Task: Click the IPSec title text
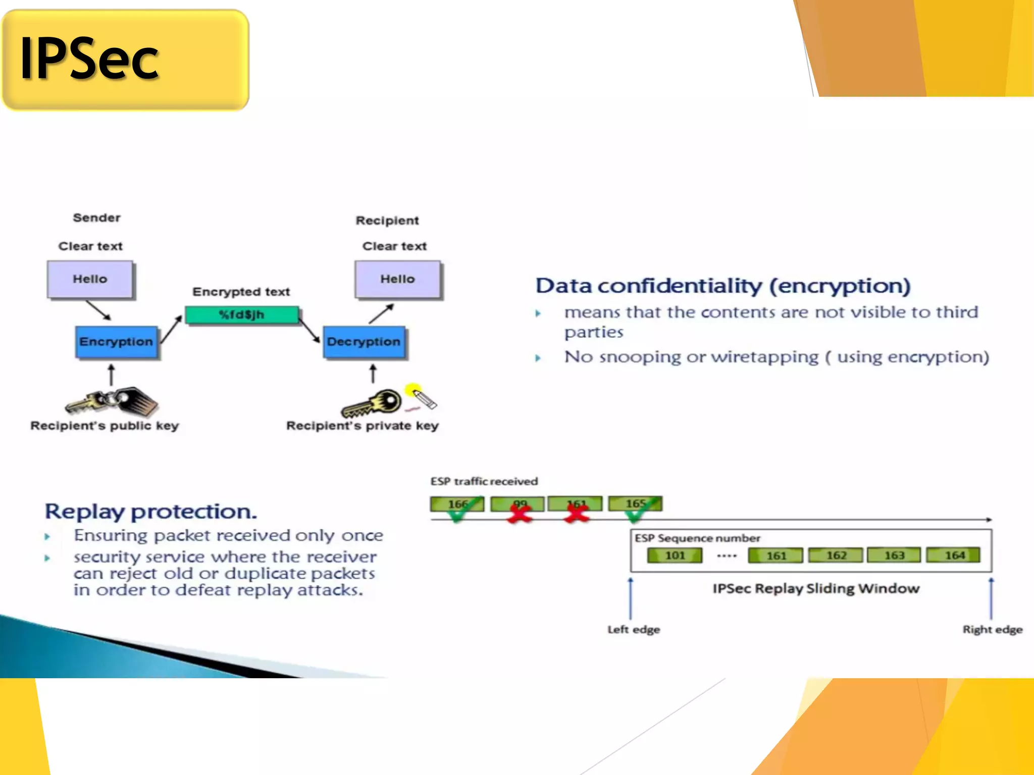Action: (x=89, y=60)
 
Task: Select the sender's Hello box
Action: (x=90, y=279)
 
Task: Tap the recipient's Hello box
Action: (x=397, y=279)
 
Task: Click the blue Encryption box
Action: (x=116, y=342)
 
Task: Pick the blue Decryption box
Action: (x=364, y=342)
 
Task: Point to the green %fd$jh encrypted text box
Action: (x=241, y=315)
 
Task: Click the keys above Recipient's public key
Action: (x=112, y=402)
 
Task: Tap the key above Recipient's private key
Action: (x=372, y=404)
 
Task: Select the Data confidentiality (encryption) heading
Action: (x=722, y=286)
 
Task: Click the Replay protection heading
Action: (x=150, y=512)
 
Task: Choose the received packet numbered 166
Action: (x=457, y=504)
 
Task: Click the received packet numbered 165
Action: (x=635, y=504)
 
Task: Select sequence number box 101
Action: (x=675, y=556)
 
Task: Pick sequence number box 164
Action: (x=954, y=555)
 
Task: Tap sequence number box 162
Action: (x=836, y=555)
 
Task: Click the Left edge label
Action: (x=633, y=630)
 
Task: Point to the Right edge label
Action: (x=992, y=630)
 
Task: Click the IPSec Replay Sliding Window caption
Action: (x=815, y=589)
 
